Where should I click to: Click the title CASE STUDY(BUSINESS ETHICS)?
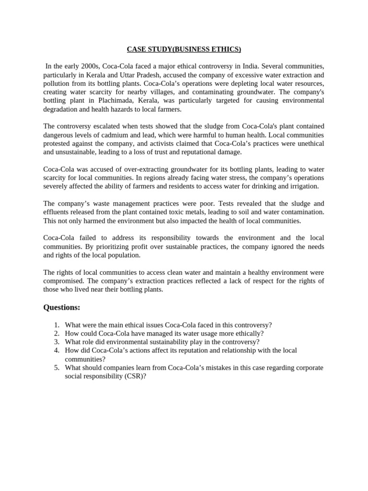tap(184, 49)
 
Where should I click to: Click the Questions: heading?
tap(62, 307)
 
